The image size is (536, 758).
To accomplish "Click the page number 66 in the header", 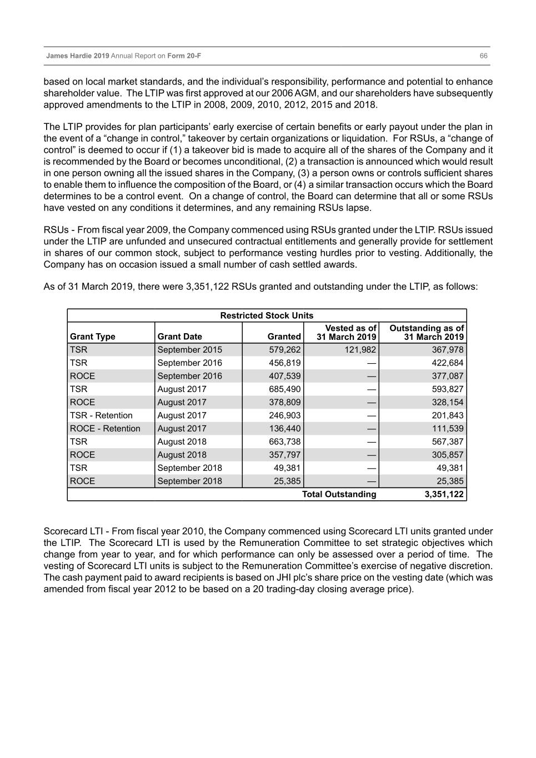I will coord(483,56).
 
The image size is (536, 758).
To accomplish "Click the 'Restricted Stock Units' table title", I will coord(267,315).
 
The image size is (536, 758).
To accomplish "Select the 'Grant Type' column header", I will coord(93,337).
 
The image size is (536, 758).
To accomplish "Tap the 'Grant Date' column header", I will coord(180,337).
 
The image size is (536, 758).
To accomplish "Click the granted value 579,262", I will coord(284,350).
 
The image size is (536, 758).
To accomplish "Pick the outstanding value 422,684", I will coord(448,363).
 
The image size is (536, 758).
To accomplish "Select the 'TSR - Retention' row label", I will coord(101,415).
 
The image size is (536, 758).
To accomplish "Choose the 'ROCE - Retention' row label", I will coord(105,429).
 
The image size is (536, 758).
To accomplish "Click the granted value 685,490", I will coord(284,389).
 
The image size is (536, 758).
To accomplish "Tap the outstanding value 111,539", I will coord(448,429).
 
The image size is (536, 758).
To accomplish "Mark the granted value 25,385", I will coord(287,481).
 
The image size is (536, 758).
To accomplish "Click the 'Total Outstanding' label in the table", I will coord(339,494).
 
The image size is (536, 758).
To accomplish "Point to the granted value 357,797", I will coord(284,455).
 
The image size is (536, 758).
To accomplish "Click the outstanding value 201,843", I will coord(448,415).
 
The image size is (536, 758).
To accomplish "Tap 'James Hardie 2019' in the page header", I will coord(78,56).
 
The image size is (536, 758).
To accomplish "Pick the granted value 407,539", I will coord(284,376).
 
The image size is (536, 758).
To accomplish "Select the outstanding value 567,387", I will coord(448,441).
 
